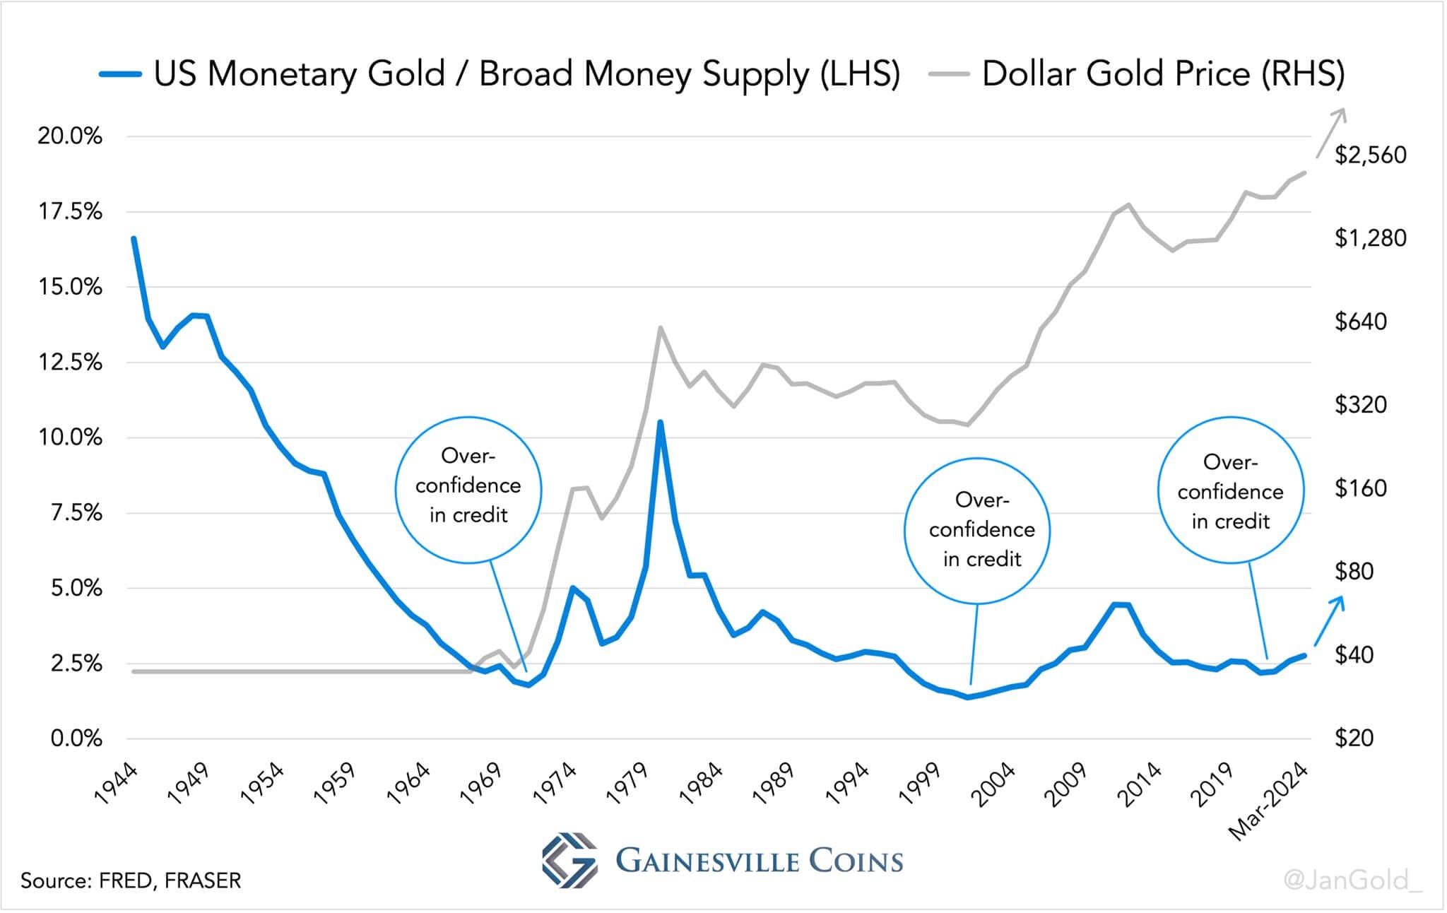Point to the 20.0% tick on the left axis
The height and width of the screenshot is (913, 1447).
(70, 136)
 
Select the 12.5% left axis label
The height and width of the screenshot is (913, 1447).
(70, 363)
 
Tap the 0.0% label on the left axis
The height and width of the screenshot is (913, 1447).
(76, 739)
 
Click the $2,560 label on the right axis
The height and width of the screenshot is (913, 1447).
(1370, 155)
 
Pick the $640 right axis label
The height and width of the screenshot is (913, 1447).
(1360, 322)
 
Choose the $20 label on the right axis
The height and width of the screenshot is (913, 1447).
(1354, 738)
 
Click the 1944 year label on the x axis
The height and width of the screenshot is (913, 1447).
(116, 784)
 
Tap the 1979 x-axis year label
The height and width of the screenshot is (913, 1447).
(627, 784)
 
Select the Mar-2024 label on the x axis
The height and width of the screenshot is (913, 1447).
(1269, 803)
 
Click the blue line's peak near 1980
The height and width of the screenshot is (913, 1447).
(660, 423)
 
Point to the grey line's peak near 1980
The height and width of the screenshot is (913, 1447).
(660, 328)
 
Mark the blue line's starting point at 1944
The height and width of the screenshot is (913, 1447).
(134, 239)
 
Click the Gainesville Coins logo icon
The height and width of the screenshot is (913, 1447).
(569, 860)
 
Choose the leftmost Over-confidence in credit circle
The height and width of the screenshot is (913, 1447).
(468, 490)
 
